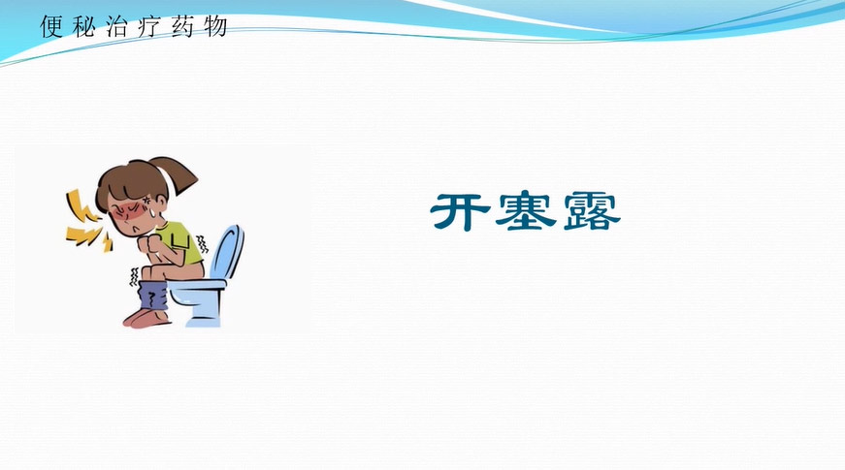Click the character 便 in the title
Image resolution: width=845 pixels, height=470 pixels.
[x=51, y=26]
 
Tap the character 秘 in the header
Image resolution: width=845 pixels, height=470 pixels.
[x=84, y=26]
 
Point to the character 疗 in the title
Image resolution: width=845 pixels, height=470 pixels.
[x=149, y=26]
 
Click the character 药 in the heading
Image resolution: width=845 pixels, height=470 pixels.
[x=182, y=26]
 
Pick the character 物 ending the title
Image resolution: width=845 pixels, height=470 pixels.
[x=215, y=26]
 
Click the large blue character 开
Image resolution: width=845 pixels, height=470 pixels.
[x=461, y=211]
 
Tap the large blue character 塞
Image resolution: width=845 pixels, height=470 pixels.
[x=526, y=211]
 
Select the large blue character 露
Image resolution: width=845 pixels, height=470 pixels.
[x=592, y=211]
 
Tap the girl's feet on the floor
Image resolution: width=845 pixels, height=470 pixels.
[x=146, y=318]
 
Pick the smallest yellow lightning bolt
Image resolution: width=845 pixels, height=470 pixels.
[x=108, y=243]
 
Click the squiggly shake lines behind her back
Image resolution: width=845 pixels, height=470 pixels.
[x=202, y=244]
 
